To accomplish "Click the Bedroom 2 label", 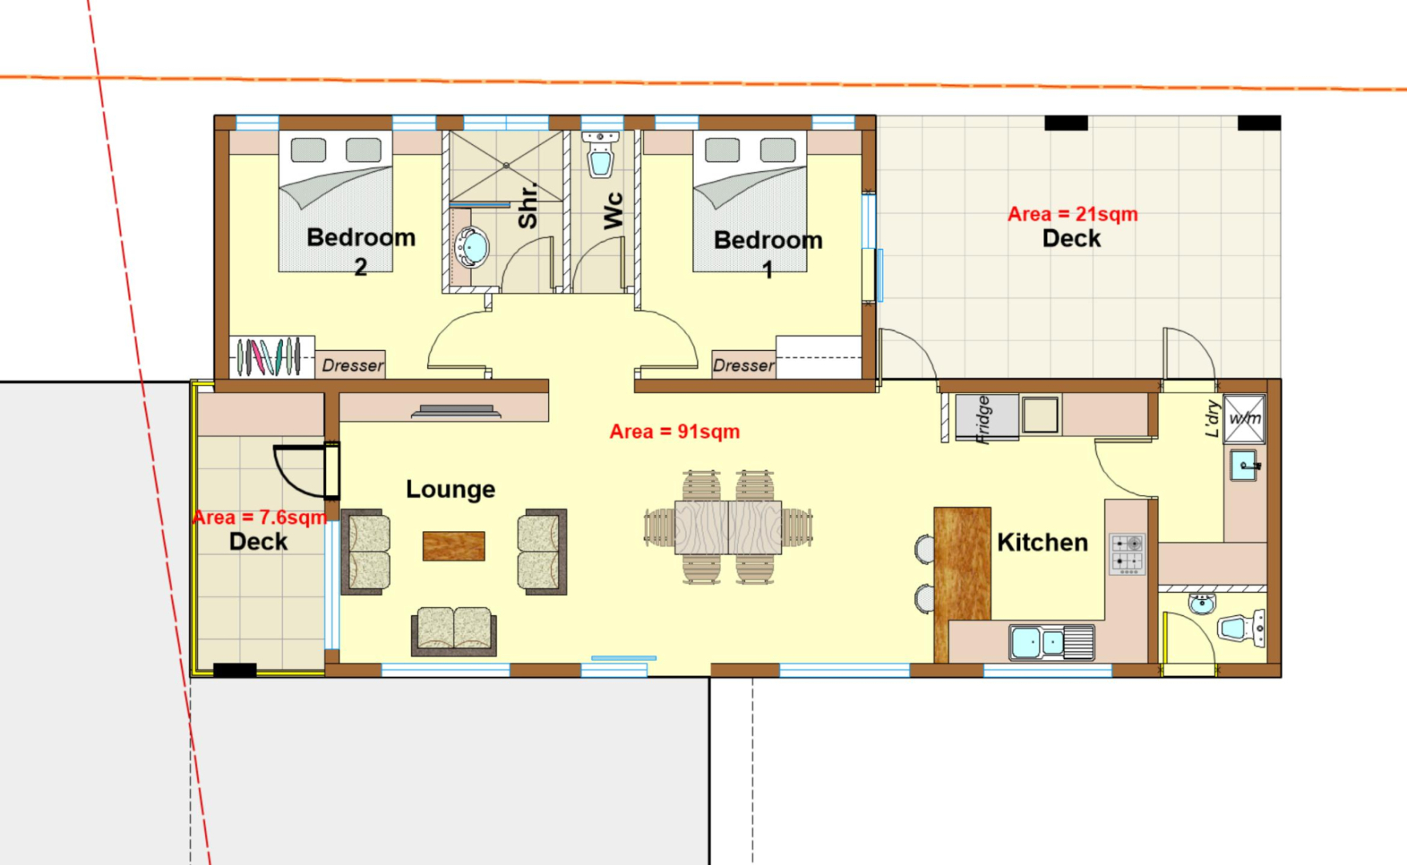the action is [361, 251].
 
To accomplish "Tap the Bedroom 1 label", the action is [768, 253].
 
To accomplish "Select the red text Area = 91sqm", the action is [675, 432].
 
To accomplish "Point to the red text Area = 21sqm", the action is [1072, 214].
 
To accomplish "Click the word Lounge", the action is [450, 489].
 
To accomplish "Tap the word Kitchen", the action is [1042, 542].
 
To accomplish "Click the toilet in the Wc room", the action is [600, 154].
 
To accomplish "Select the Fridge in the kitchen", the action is [986, 417].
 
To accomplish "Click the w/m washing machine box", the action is [1244, 418].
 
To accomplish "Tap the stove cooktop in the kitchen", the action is [1127, 554].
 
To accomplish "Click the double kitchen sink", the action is [1051, 642].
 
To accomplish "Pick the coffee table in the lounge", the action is [454, 546].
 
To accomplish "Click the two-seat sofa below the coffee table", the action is [454, 630].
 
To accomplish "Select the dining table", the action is [728, 527].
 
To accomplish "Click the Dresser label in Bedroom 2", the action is [353, 365].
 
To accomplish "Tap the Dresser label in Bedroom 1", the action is [744, 365].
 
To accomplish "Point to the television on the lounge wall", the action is [456, 412].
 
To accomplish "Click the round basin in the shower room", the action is [471, 247].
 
